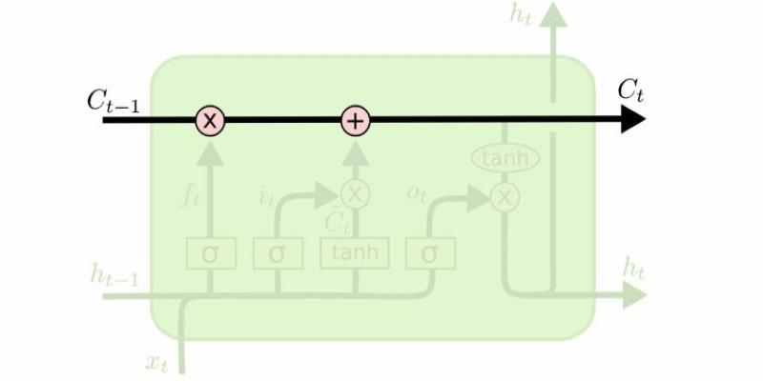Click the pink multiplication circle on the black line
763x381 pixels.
point(210,121)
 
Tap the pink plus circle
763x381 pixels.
point(355,121)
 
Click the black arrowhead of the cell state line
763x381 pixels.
point(633,121)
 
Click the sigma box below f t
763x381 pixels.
point(210,253)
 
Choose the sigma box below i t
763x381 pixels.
point(278,253)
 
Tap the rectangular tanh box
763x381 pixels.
point(355,253)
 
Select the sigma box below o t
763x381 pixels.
point(430,253)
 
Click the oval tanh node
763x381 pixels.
point(505,158)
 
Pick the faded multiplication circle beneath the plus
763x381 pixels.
point(355,194)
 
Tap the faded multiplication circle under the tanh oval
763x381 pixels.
point(505,197)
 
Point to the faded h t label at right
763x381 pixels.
point(633,268)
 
